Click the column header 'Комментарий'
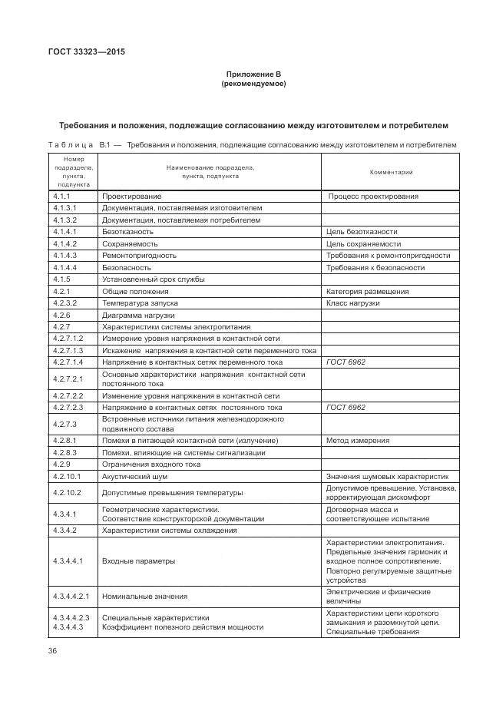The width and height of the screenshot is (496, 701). tap(392, 173)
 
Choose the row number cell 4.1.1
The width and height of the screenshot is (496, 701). tap(62, 197)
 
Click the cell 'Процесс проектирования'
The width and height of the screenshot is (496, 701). tap(373, 197)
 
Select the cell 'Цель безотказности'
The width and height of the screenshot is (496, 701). tap(362, 231)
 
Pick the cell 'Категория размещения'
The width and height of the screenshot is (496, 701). tap(367, 292)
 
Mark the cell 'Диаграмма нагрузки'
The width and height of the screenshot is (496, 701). tap(138, 316)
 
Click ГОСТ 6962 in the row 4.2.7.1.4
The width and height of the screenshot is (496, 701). tap(346, 362)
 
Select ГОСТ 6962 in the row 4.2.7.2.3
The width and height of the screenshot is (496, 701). tap(346, 407)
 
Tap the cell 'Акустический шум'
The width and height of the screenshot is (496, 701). tap(135, 476)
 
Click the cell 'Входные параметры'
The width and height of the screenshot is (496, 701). tap(138, 561)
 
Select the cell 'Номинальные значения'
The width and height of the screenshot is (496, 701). tap(144, 596)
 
